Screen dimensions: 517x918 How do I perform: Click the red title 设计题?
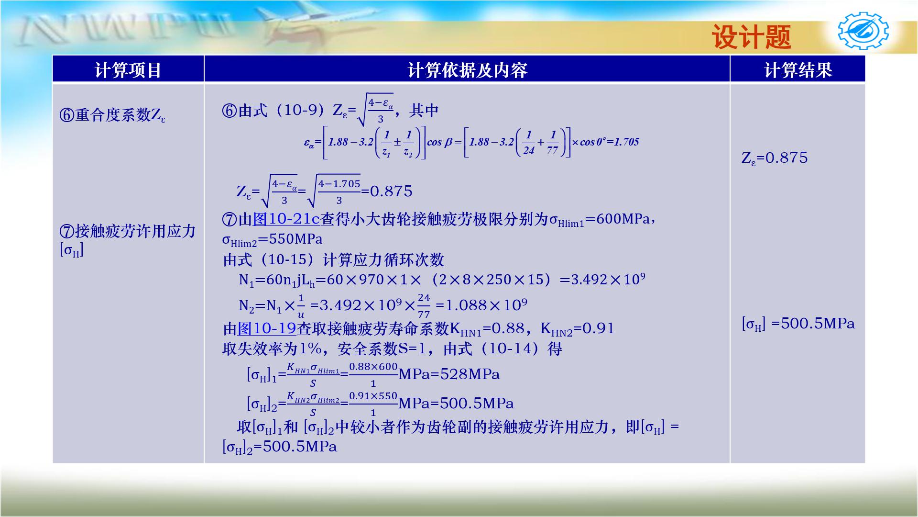[x=752, y=37]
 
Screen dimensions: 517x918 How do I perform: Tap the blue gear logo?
[x=863, y=32]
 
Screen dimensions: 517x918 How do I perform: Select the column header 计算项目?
[x=128, y=70]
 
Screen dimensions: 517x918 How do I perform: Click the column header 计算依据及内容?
[x=467, y=70]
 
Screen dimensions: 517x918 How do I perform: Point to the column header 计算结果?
[x=798, y=70]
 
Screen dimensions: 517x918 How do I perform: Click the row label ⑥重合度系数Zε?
[x=113, y=115]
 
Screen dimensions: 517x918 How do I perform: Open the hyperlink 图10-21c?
[x=286, y=219]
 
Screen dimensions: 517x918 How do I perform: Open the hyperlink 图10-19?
[x=267, y=328]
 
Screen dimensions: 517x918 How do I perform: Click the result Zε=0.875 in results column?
[x=774, y=158]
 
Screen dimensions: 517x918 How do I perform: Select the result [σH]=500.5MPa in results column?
[x=798, y=324]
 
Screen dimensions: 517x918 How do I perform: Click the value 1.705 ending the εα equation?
[x=626, y=142]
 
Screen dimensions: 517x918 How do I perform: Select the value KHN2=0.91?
[x=577, y=329]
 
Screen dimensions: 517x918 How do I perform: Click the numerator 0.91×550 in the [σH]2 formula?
[x=373, y=396]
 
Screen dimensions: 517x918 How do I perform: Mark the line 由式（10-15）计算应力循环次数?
[x=333, y=260]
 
